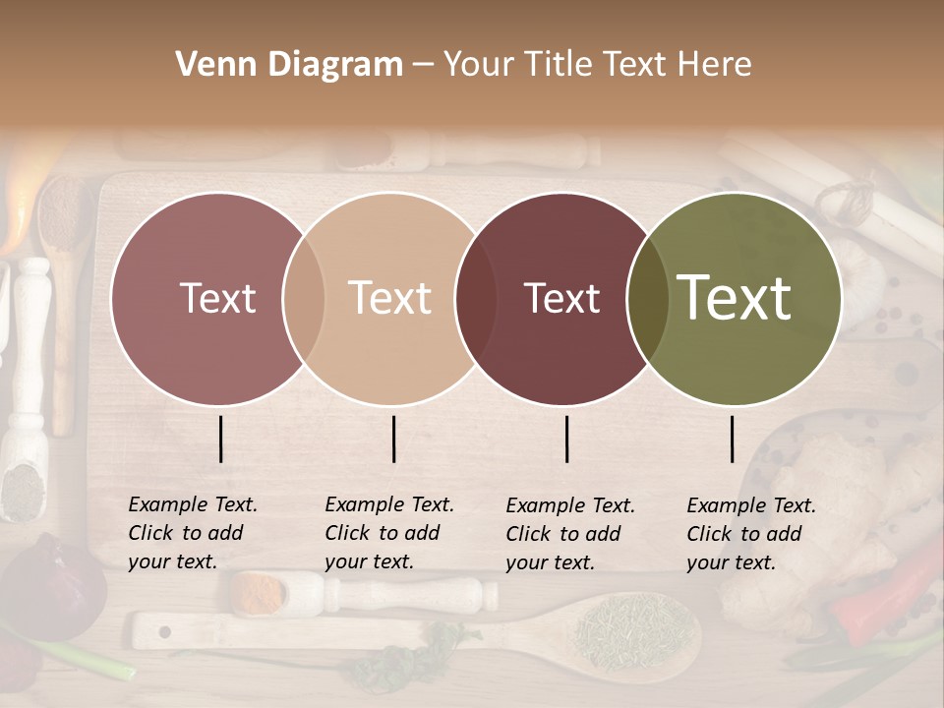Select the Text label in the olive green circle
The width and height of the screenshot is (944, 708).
pyautogui.click(x=735, y=298)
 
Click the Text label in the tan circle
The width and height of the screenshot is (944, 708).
pyautogui.click(x=390, y=298)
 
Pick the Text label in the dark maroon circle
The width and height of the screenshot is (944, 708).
pyautogui.click(x=562, y=298)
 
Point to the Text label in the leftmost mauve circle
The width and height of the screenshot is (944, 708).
pyautogui.click(x=217, y=298)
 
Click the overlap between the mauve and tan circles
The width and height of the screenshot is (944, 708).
pyautogui.click(x=304, y=298)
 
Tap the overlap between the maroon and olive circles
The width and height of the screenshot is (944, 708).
pyautogui.click(x=648, y=298)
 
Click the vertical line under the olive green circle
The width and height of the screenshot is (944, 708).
pyautogui.click(x=733, y=439)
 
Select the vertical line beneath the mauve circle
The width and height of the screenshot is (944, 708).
pyautogui.click(x=221, y=439)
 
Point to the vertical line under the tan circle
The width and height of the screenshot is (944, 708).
pyautogui.click(x=393, y=439)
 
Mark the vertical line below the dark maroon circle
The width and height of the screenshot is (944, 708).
pyautogui.click(x=567, y=439)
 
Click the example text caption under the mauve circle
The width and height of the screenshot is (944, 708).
pyautogui.click(x=193, y=533)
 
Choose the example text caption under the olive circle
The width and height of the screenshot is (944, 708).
pyautogui.click(x=751, y=534)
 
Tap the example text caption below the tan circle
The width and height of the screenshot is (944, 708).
pyautogui.click(x=389, y=533)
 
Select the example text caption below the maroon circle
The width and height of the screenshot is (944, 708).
pyautogui.click(x=570, y=534)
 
